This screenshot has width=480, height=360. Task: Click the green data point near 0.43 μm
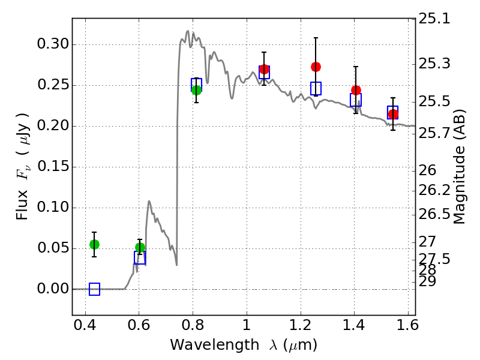pos(94,244)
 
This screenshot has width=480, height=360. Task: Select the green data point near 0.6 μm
pos(140,247)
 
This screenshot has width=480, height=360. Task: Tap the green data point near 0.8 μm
pos(196,90)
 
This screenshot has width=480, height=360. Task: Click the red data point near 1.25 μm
pos(316,67)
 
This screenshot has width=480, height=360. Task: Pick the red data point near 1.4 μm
pos(356,91)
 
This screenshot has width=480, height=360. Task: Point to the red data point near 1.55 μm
pos(393,115)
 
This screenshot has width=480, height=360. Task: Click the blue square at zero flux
pos(94,289)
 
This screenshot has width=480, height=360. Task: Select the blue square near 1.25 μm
pos(316,88)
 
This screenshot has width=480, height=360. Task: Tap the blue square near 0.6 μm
pos(140,258)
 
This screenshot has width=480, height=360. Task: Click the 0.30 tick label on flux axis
pos(53,44)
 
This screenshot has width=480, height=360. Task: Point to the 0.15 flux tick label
pos(53,167)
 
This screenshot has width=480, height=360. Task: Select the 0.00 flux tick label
pos(53,289)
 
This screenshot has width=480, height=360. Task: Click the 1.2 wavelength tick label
pos(301,325)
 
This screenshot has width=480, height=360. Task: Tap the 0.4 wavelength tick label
pos(85,325)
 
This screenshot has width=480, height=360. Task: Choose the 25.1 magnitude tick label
pos(434,19)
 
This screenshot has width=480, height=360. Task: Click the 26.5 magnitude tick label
pos(434,214)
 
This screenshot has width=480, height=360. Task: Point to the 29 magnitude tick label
pos(427,281)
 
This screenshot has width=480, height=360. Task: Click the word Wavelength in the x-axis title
pos(215,346)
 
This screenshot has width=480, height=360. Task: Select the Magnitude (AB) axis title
pos(458,167)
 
